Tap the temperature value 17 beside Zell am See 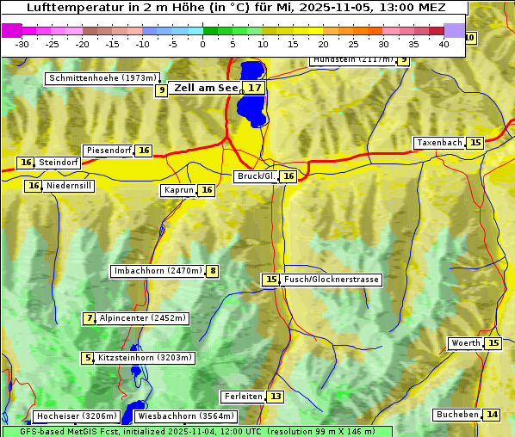(x=253, y=88)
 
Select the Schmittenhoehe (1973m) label (x=103, y=78)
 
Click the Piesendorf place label (x=108, y=151)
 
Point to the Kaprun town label (x=178, y=191)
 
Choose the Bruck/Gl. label (x=256, y=176)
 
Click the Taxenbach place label (x=439, y=143)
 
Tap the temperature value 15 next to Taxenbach (x=475, y=143)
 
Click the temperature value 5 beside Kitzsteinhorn (x=87, y=358)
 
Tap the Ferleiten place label (x=242, y=397)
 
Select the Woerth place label (x=466, y=343)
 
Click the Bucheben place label (x=456, y=415)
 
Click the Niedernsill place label (x=69, y=186)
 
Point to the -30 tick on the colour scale (x=22, y=44)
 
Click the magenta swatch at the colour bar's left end (x=11, y=30)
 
